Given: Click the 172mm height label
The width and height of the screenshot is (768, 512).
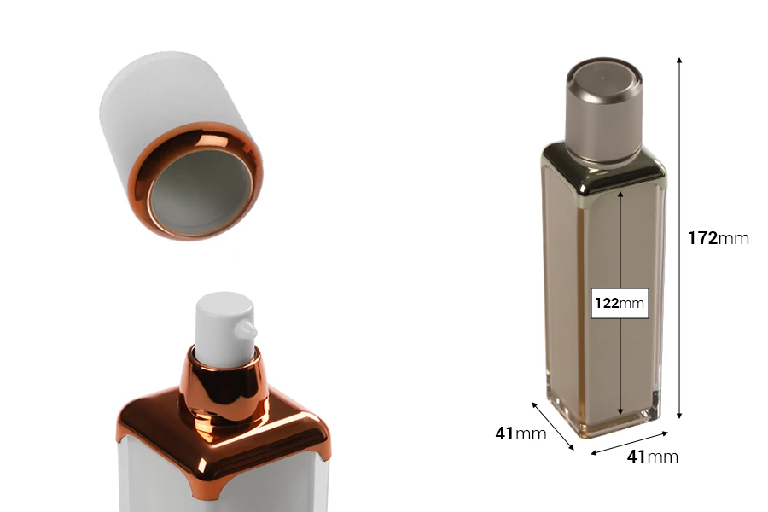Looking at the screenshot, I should [718, 238].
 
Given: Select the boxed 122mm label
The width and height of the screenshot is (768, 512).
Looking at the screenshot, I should [620, 303].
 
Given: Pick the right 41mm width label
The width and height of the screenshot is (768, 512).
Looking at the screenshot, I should [652, 457].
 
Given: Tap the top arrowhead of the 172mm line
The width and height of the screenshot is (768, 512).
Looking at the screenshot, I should [679, 60].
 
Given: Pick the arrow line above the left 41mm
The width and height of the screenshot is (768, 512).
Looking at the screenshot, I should [553, 424].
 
